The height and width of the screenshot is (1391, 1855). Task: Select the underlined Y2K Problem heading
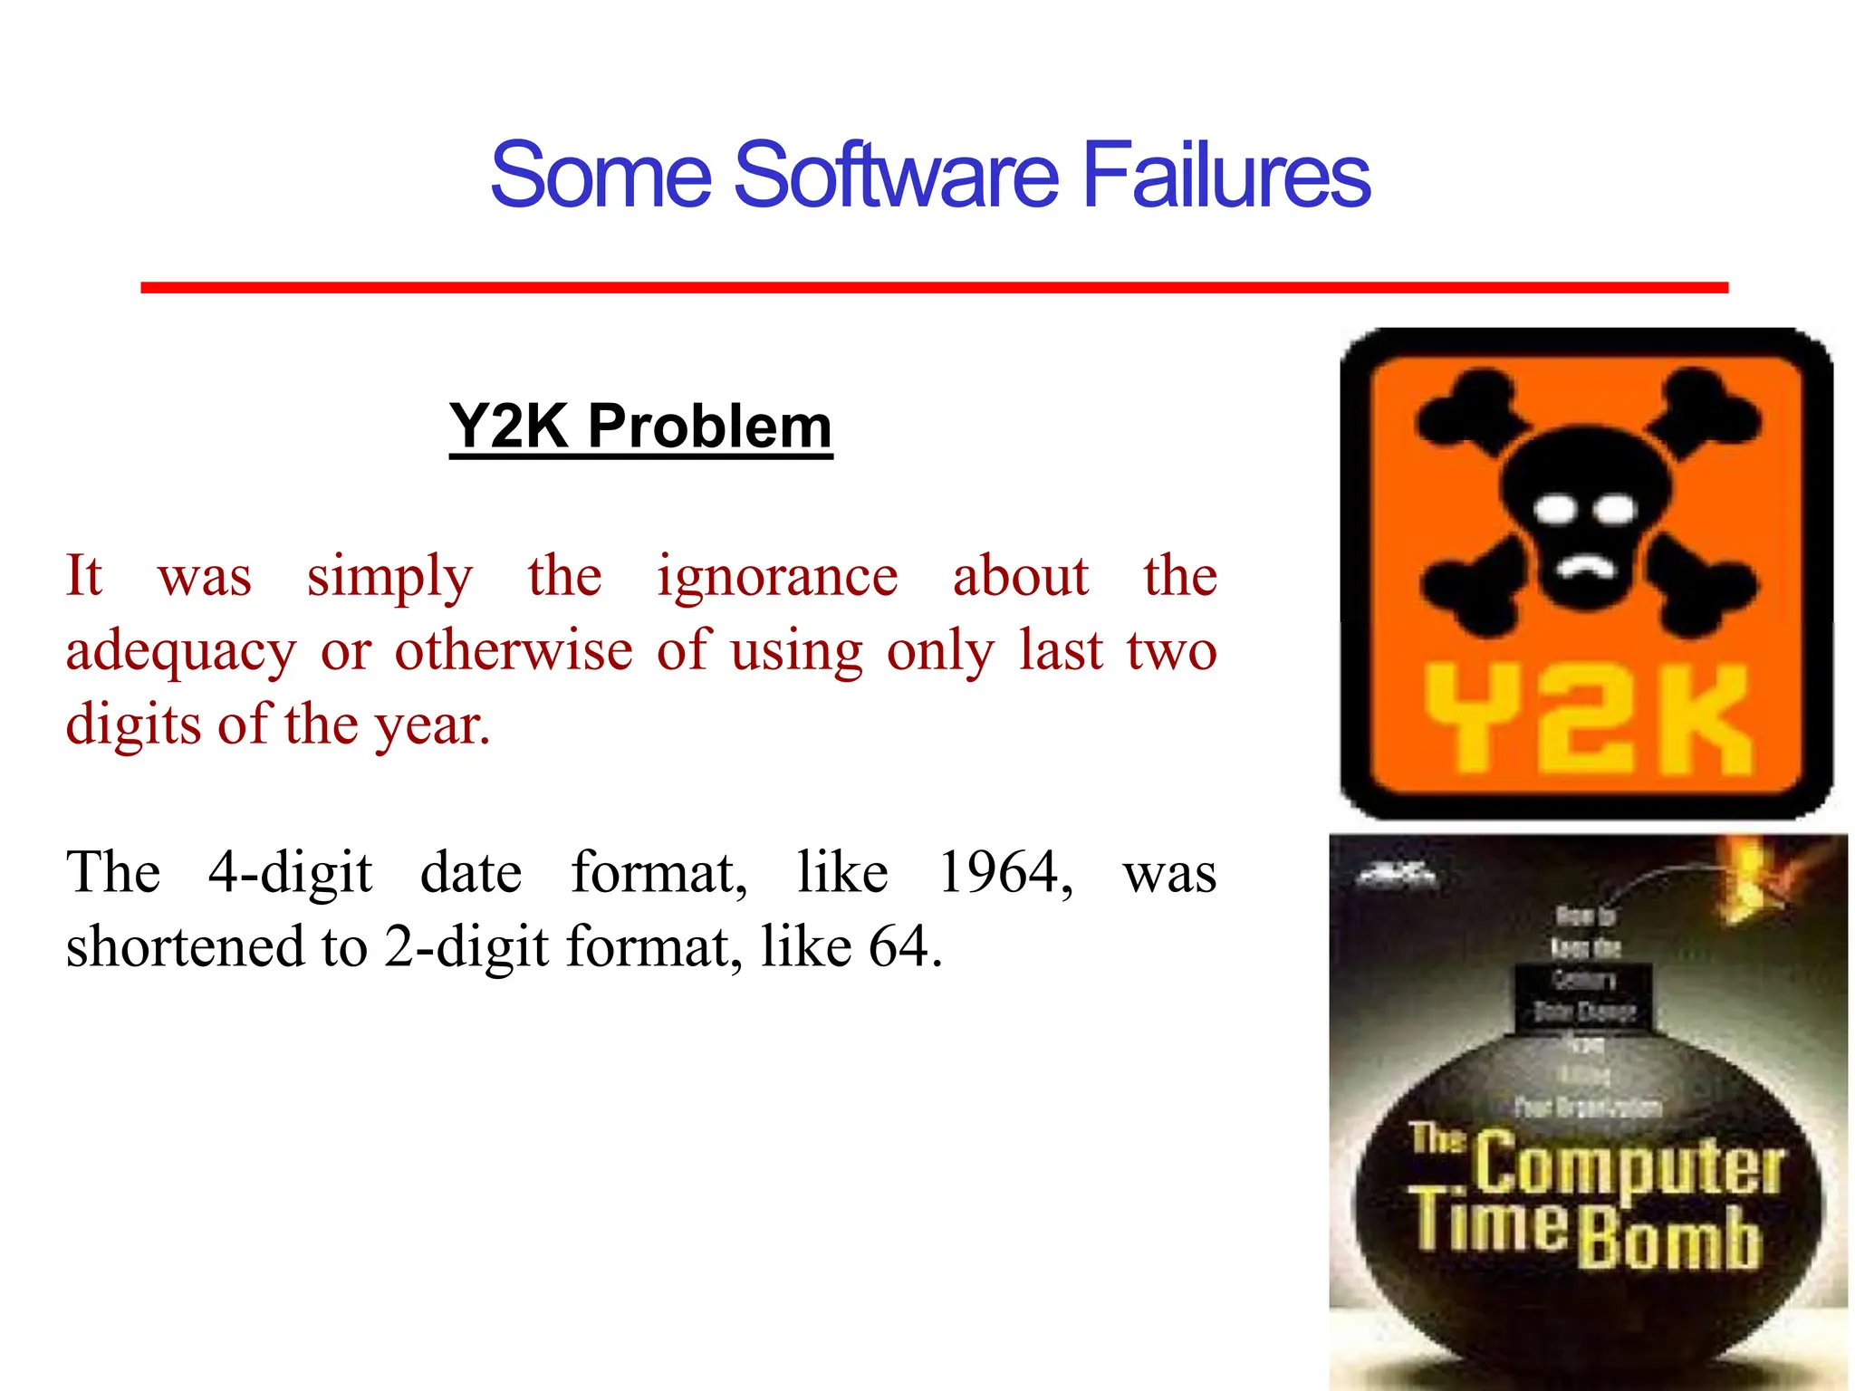[x=640, y=426]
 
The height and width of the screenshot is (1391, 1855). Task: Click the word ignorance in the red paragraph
[x=777, y=576]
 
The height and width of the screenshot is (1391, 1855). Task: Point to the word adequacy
[x=180, y=652]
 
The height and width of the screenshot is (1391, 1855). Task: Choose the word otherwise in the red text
[x=514, y=650]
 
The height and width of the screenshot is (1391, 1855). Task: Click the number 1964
[x=1004, y=873]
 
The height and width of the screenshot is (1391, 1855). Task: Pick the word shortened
[x=185, y=947]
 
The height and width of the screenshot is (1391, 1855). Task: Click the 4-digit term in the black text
[x=290, y=873]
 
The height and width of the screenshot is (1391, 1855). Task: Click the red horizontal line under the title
[x=934, y=287]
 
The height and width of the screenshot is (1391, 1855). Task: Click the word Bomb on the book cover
[x=1670, y=1239]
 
